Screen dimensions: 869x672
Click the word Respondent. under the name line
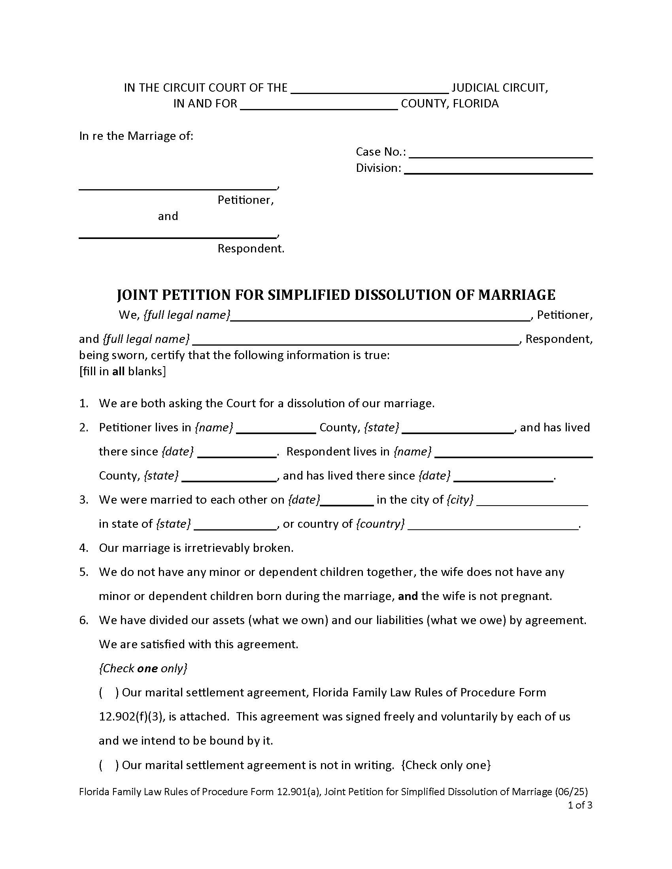(x=251, y=249)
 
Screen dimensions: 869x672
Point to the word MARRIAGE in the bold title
(x=516, y=295)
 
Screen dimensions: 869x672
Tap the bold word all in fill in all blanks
(x=118, y=372)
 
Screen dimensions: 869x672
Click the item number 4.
(x=83, y=548)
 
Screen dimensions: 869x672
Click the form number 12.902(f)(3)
(x=131, y=717)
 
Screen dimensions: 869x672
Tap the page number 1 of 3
(x=580, y=805)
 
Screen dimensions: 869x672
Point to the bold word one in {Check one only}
(x=147, y=668)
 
